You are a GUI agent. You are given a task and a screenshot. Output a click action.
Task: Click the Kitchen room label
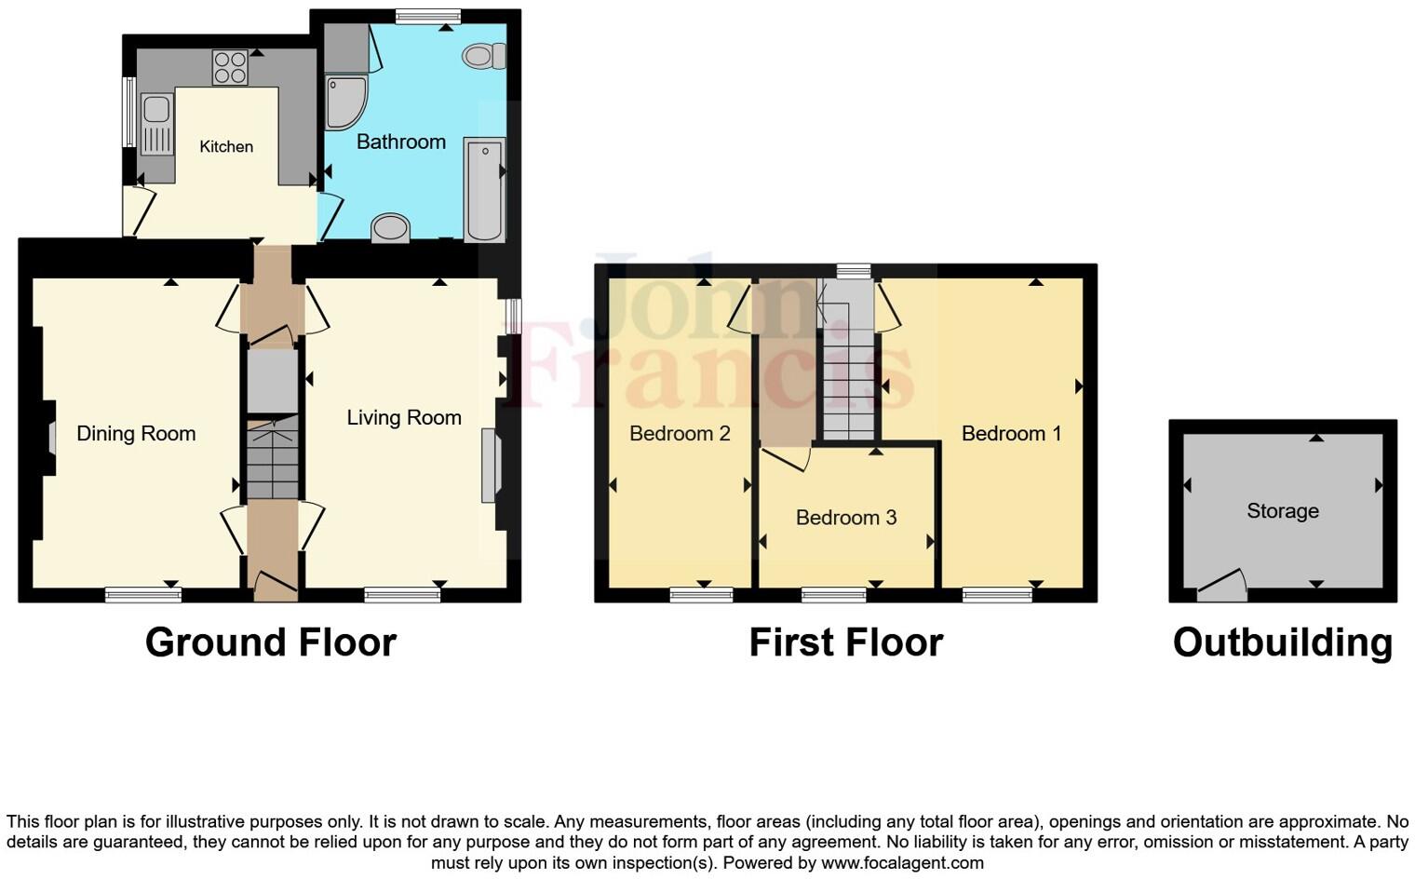point(226,146)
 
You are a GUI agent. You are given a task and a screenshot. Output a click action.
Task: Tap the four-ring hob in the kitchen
point(230,67)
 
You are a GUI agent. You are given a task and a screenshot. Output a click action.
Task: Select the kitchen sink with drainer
point(156,125)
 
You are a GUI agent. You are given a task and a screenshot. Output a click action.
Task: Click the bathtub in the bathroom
point(484,190)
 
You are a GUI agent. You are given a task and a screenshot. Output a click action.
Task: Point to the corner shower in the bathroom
point(345,101)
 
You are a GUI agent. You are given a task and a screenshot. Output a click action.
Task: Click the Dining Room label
point(136,433)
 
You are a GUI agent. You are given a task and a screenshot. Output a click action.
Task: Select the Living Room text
point(404,417)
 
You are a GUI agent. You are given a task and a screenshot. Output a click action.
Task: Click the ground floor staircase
point(272,458)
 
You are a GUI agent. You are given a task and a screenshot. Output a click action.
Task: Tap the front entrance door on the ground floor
point(275,583)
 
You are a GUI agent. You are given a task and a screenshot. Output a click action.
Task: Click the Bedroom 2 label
point(680,433)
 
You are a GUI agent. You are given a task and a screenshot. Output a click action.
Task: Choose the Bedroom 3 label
point(845,517)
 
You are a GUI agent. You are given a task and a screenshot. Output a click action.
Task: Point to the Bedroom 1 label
point(1011,433)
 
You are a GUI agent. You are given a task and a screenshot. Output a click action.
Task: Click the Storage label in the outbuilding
point(1282,510)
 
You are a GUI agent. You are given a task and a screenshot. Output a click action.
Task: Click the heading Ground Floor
point(271,642)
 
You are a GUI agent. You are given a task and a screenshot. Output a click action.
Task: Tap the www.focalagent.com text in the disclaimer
point(902,862)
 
